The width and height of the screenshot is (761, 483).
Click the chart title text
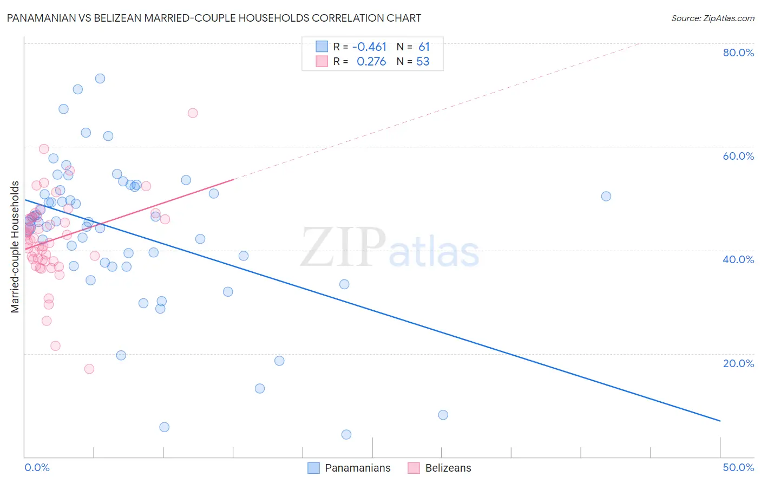click(214, 18)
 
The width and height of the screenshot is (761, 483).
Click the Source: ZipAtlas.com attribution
click(712, 18)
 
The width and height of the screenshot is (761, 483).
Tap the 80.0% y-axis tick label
click(738, 53)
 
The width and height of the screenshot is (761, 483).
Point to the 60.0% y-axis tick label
click(738, 156)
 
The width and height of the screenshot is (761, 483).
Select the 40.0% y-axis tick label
click(738, 259)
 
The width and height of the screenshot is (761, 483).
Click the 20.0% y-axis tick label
click(738, 363)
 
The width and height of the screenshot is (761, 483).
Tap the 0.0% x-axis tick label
click(37, 467)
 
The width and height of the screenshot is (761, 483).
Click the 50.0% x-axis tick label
click(738, 467)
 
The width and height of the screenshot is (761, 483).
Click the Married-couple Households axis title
click(15, 247)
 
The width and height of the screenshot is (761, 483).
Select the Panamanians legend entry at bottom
click(349, 468)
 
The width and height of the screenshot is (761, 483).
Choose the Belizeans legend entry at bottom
click(439, 468)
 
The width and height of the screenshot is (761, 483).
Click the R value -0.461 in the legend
click(370, 47)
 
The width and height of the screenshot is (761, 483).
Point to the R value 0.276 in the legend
click(371, 62)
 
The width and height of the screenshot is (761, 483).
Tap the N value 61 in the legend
click(424, 47)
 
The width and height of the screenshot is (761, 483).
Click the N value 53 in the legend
click(423, 62)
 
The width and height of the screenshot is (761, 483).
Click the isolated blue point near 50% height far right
click(606, 196)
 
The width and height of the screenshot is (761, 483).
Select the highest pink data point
click(193, 113)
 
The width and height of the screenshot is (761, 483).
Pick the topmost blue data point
click(100, 79)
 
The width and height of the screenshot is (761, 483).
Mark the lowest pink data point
click(89, 369)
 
